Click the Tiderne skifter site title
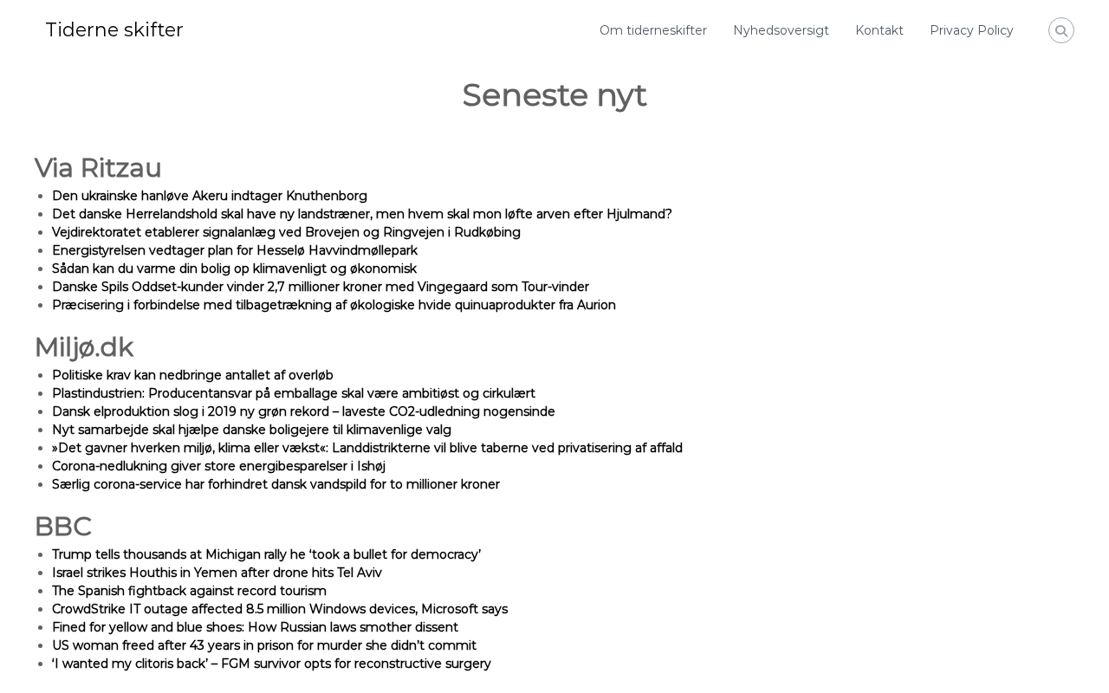click(x=114, y=30)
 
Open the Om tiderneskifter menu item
click(x=653, y=30)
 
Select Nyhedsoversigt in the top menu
click(x=781, y=30)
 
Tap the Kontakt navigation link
click(x=879, y=30)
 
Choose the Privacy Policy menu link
click(x=971, y=30)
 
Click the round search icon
click(x=1061, y=30)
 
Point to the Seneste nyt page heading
click(x=554, y=95)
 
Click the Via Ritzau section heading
click(x=98, y=168)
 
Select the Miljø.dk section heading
click(x=84, y=347)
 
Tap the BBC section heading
click(x=62, y=527)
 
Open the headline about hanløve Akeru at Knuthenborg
click(x=210, y=196)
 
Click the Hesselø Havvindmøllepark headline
click(x=235, y=250)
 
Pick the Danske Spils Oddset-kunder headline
click(x=321, y=287)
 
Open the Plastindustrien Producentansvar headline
click(x=294, y=393)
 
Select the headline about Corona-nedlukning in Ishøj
click(x=218, y=466)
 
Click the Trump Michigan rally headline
click(x=266, y=554)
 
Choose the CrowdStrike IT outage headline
click(x=280, y=609)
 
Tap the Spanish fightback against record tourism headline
click(x=189, y=591)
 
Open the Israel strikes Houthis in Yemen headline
click(x=217, y=573)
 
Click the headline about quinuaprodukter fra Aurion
click(x=334, y=305)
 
